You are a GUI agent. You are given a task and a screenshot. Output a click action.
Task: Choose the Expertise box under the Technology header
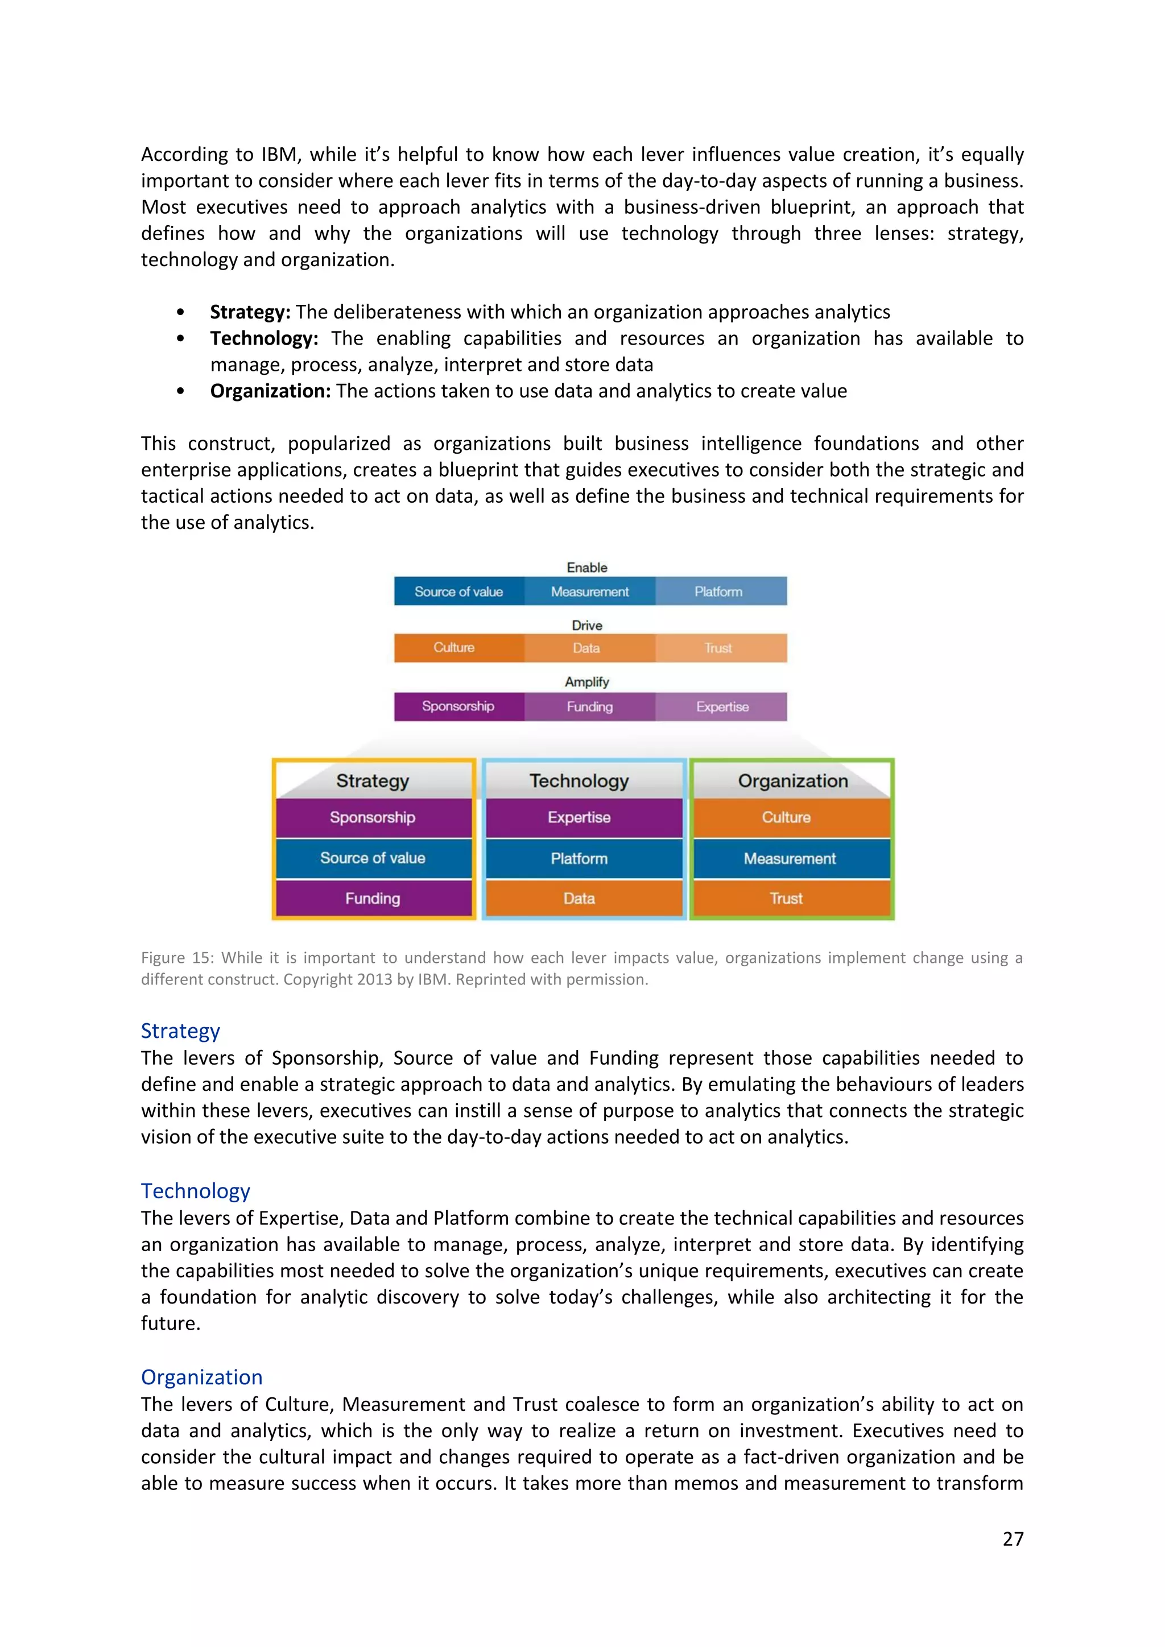tap(579, 818)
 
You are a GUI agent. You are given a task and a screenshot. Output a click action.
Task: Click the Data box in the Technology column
tap(579, 898)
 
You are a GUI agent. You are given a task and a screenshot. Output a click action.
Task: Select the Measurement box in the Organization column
tap(790, 859)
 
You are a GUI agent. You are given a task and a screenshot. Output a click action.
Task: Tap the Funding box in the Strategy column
tap(373, 898)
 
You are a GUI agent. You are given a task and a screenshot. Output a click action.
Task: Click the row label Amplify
tap(587, 681)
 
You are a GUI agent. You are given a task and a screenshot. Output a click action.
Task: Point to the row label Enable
tap(587, 568)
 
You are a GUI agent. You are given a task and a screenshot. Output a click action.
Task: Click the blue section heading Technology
tap(195, 1191)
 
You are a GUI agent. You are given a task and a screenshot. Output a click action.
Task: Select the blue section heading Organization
tap(201, 1377)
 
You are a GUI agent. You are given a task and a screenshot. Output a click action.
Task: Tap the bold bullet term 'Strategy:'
tap(250, 312)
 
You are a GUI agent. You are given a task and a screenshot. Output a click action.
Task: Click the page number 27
tap(1012, 1539)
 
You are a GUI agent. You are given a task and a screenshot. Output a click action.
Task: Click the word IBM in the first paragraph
tap(278, 155)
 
